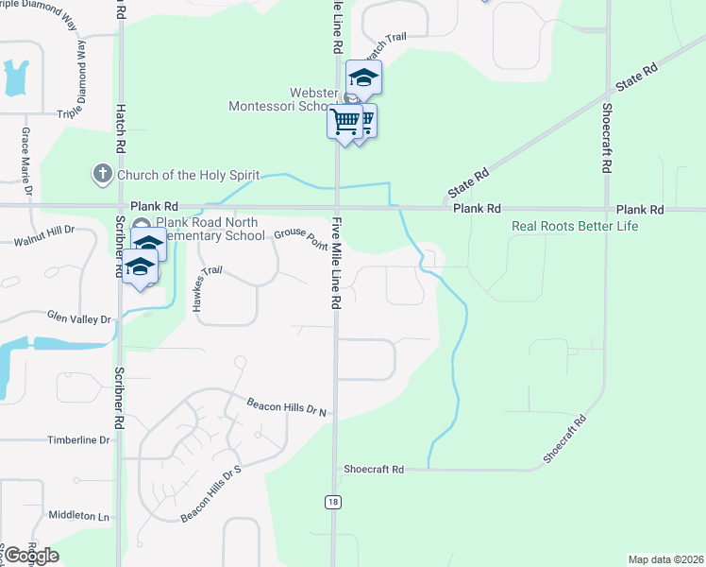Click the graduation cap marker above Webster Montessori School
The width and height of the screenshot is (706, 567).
pyautogui.click(x=363, y=78)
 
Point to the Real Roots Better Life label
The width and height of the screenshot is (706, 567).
pyautogui.click(x=575, y=226)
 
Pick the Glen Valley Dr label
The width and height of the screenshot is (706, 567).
pyautogui.click(x=79, y=318)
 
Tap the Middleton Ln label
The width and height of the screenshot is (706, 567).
pyautogui.click(x=78, y=516)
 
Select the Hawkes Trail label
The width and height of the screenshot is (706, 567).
pyautogui.click(x=209, y=283)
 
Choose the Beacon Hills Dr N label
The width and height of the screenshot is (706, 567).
pyautogui.click(x=286, y=406)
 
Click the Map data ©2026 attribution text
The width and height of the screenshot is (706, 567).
pyautogui.click(x=664, y=559)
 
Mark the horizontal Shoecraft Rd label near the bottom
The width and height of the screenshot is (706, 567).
pyautogui.click(x=374, y=469)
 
